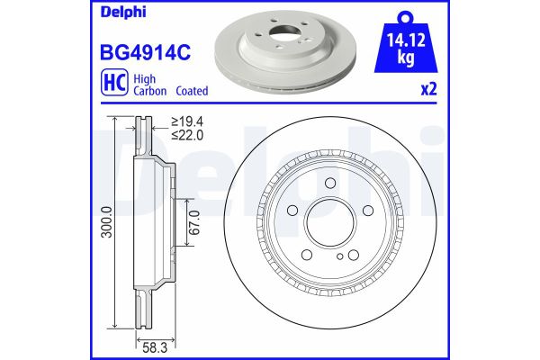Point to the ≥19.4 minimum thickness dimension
(x=189, y=121)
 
